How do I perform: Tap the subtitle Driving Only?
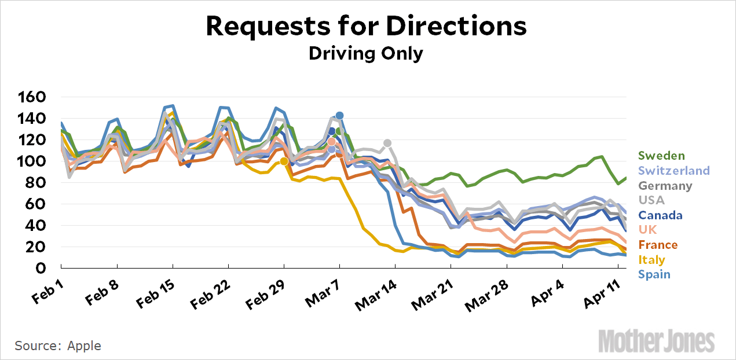[365, 53]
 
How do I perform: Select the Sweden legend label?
[661, 156]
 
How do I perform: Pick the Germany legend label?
[665, 185]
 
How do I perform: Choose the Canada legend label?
[660, 215]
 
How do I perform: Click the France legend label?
[658, 245]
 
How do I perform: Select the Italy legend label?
[651, 260]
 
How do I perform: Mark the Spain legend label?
[654, 274]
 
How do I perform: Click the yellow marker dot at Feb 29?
[284, 161]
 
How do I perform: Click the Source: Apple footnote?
[58, 346]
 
